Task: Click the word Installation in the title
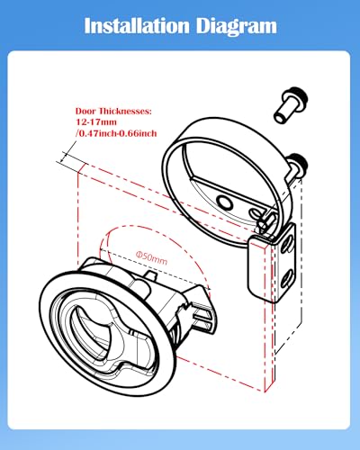[137, 26]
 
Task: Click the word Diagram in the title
[237, 27]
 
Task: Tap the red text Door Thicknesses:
[113, 112]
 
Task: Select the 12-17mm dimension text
[96, 122]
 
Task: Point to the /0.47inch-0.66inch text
[116, 133]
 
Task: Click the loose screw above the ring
[291, 104]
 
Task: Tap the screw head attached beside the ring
[298, 164]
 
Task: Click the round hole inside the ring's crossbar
[225, 203]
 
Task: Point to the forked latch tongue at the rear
[204, 318]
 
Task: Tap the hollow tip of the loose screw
[279, 117]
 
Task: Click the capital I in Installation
[87, 26]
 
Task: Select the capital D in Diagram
[203, 26]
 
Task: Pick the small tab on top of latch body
[151, 276]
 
